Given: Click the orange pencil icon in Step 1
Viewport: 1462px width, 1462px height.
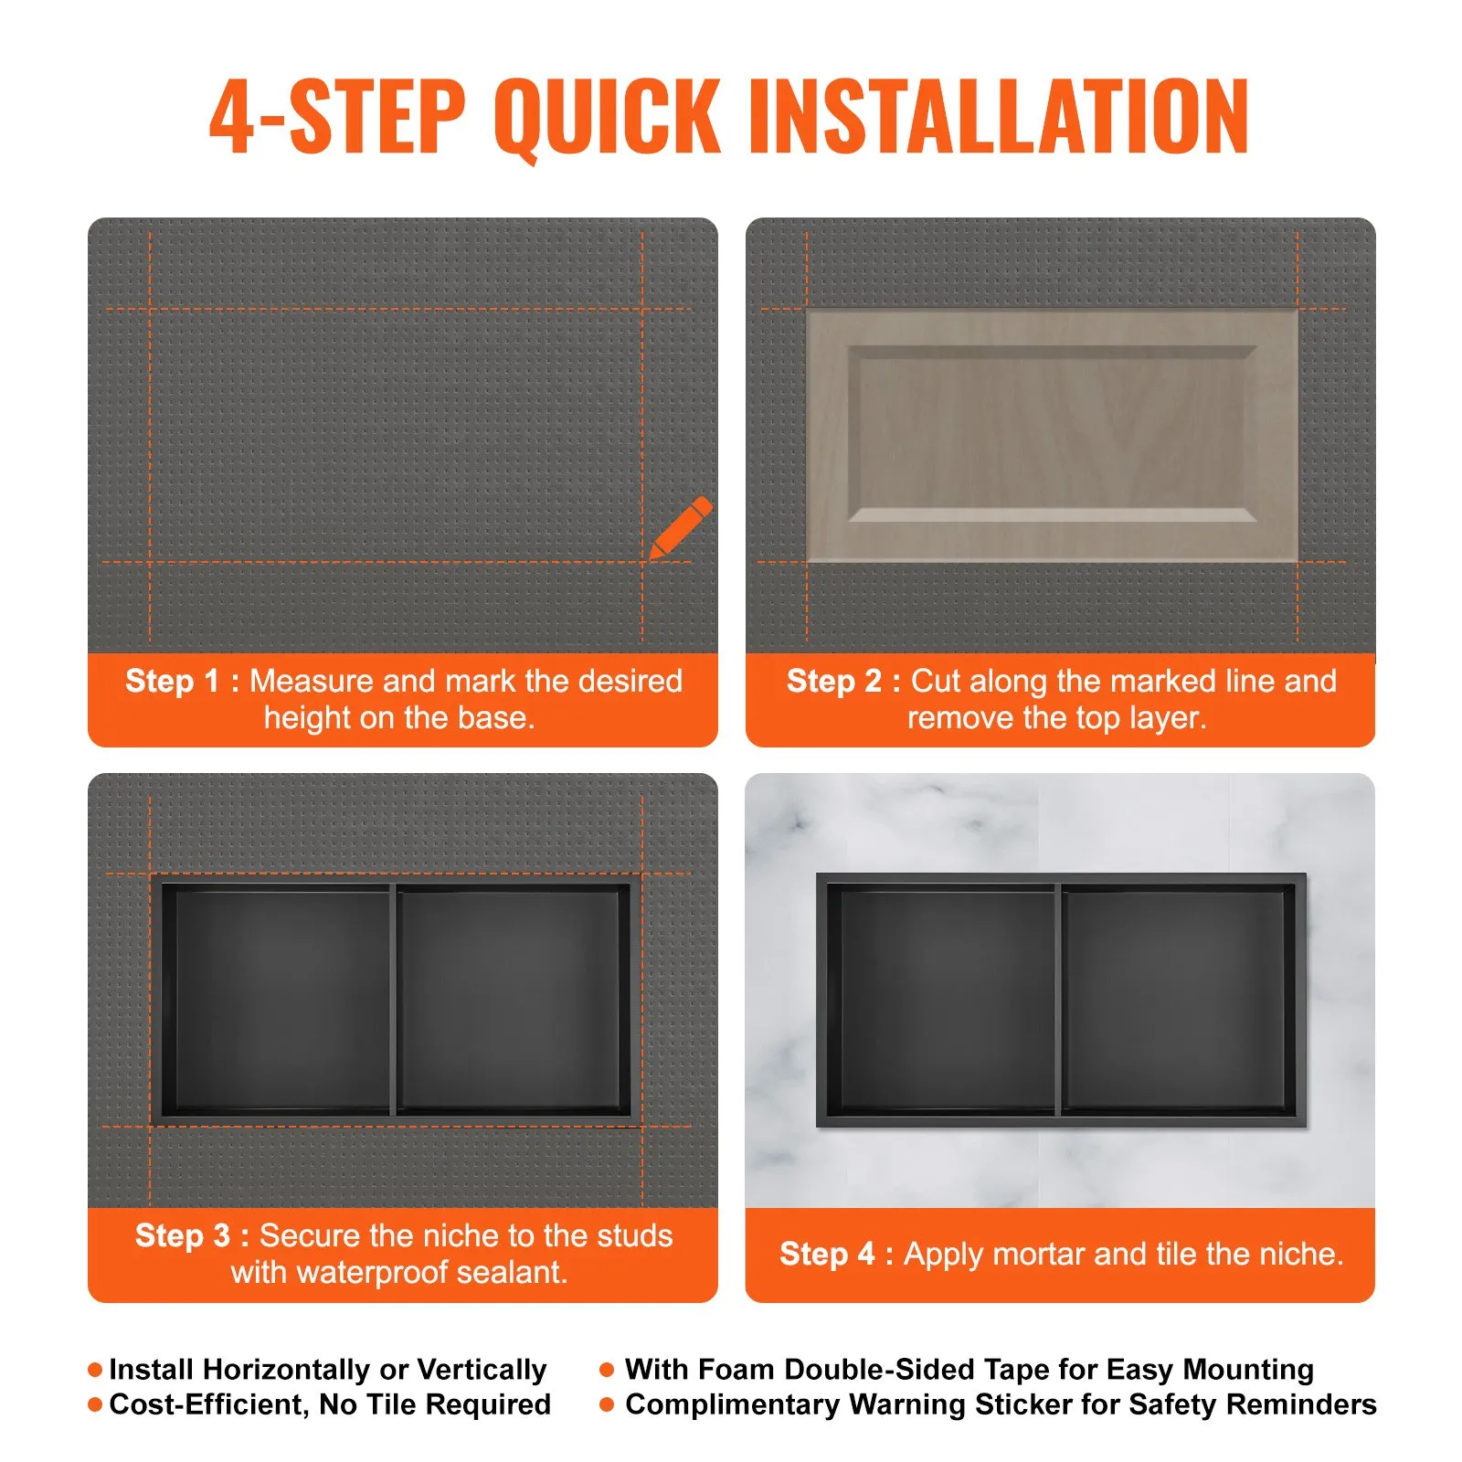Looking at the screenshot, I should click(x=680, y=528).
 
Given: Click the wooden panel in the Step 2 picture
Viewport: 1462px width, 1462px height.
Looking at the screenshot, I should click(x=1052, y=435).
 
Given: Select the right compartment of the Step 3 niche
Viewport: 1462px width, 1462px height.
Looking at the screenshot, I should click(x=512, y=1000).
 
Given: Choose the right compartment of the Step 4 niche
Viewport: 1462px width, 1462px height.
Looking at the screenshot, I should click(x=1177, y=1000).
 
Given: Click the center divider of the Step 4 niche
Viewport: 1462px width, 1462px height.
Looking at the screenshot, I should click(x=1059, y=1000).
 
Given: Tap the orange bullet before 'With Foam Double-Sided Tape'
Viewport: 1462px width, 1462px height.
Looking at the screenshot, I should click(x=607, y=1370).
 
